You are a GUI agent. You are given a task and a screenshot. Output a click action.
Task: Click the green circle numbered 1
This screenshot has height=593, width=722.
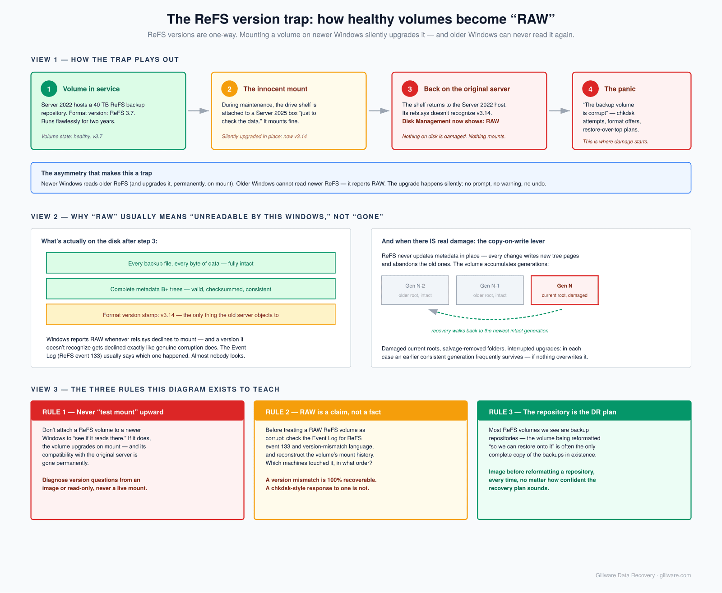point(49,89)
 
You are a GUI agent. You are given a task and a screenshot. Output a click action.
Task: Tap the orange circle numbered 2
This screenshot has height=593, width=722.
point(229,89)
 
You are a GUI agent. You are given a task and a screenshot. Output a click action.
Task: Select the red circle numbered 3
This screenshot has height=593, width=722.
point(410,89)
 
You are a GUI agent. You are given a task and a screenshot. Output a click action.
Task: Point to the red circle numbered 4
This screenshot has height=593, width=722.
point(590,89)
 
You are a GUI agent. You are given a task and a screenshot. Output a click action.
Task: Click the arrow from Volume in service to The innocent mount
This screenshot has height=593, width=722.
point(199,110)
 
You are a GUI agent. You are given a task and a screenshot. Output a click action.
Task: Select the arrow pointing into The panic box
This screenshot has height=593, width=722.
point(560,110)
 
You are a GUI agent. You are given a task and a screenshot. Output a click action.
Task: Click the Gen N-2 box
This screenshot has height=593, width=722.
point(415,290)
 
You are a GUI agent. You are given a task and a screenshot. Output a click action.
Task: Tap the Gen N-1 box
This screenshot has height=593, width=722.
point(490,290)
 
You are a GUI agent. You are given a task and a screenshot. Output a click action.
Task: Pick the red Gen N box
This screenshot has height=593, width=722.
point(564,290)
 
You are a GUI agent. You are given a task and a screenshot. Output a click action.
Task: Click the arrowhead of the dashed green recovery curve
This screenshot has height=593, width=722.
point(433,312)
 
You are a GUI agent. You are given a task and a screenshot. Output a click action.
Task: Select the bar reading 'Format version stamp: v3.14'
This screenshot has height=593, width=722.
point(191,314)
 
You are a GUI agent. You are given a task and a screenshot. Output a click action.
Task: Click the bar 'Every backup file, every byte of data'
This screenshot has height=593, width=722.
point(191,263)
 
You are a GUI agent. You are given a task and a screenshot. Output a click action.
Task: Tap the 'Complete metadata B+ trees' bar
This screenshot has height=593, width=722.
point(191,289)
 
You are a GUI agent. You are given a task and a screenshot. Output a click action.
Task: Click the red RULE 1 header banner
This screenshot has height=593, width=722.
point(137,411)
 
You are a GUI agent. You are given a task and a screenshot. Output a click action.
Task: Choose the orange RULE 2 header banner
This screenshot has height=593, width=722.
point(361,411)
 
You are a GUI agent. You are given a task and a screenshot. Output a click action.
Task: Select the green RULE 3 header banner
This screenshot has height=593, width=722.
point(584,411)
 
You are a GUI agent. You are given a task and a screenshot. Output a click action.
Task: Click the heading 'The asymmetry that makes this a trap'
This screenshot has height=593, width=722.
point(97,173)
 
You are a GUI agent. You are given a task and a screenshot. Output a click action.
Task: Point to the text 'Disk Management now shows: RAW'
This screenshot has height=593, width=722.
point(450,121)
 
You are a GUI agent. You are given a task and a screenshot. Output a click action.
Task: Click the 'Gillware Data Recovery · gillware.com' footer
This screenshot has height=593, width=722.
point(643,575)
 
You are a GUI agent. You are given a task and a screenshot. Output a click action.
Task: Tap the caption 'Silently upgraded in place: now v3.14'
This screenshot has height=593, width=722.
point(264,136)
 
